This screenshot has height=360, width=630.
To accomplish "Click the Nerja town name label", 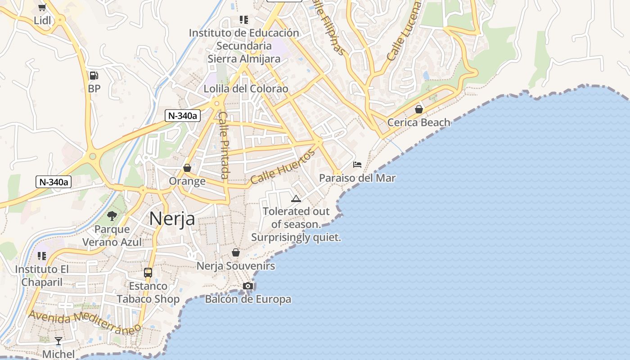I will click(172, 219).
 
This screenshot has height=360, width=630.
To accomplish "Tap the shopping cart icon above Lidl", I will click(42, 7).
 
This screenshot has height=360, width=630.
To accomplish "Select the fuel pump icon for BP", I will click(94, 75).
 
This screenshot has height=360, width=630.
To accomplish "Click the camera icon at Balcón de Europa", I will click(247, 286).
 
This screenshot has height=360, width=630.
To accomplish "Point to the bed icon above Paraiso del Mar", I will click(357, 164).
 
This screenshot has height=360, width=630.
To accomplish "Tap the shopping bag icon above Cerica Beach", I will click(419, 109).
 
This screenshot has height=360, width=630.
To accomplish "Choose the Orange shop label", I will click(187, 181).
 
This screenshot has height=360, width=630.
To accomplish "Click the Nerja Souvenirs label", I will click(236, 266).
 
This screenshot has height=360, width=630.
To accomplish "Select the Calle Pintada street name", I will click(224, 145).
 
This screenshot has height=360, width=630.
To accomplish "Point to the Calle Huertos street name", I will click(283, 167).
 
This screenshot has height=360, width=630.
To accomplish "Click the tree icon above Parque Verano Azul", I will click(112, 216).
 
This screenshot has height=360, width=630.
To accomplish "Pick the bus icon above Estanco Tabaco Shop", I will click(148, 272).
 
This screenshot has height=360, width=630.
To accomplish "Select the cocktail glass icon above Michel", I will click(58, 341).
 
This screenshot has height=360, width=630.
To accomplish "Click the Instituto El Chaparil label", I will click(42, 275).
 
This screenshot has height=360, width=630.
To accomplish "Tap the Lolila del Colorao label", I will click(246, 89).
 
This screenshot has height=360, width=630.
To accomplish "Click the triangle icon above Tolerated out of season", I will click(296, 198).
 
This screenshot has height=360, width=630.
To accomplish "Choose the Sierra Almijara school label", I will click(244, 45).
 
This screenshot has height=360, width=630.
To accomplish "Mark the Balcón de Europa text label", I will click(248, 299).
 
